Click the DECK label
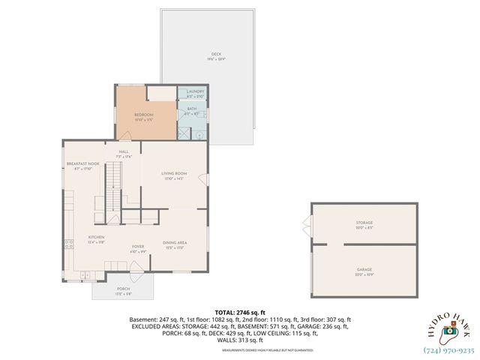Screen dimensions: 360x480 click(216, 54)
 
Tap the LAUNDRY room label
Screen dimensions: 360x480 click(190, 91)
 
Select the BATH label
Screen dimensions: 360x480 click(190, 109)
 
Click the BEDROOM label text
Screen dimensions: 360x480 click(143, 115)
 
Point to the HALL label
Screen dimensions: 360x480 click(124, 151)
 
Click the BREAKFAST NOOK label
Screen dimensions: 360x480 click(82, 163)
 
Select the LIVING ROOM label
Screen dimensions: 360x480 click(173, 173)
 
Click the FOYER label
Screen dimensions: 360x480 click(138, 246)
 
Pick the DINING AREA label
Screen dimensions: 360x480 click(174, 242)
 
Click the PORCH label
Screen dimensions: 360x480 click(123, 289)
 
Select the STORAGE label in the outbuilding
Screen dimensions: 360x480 click(364, 223)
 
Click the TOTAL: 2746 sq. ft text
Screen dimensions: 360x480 click(240, 311)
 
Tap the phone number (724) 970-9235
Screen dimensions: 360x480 click(451, 349)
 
